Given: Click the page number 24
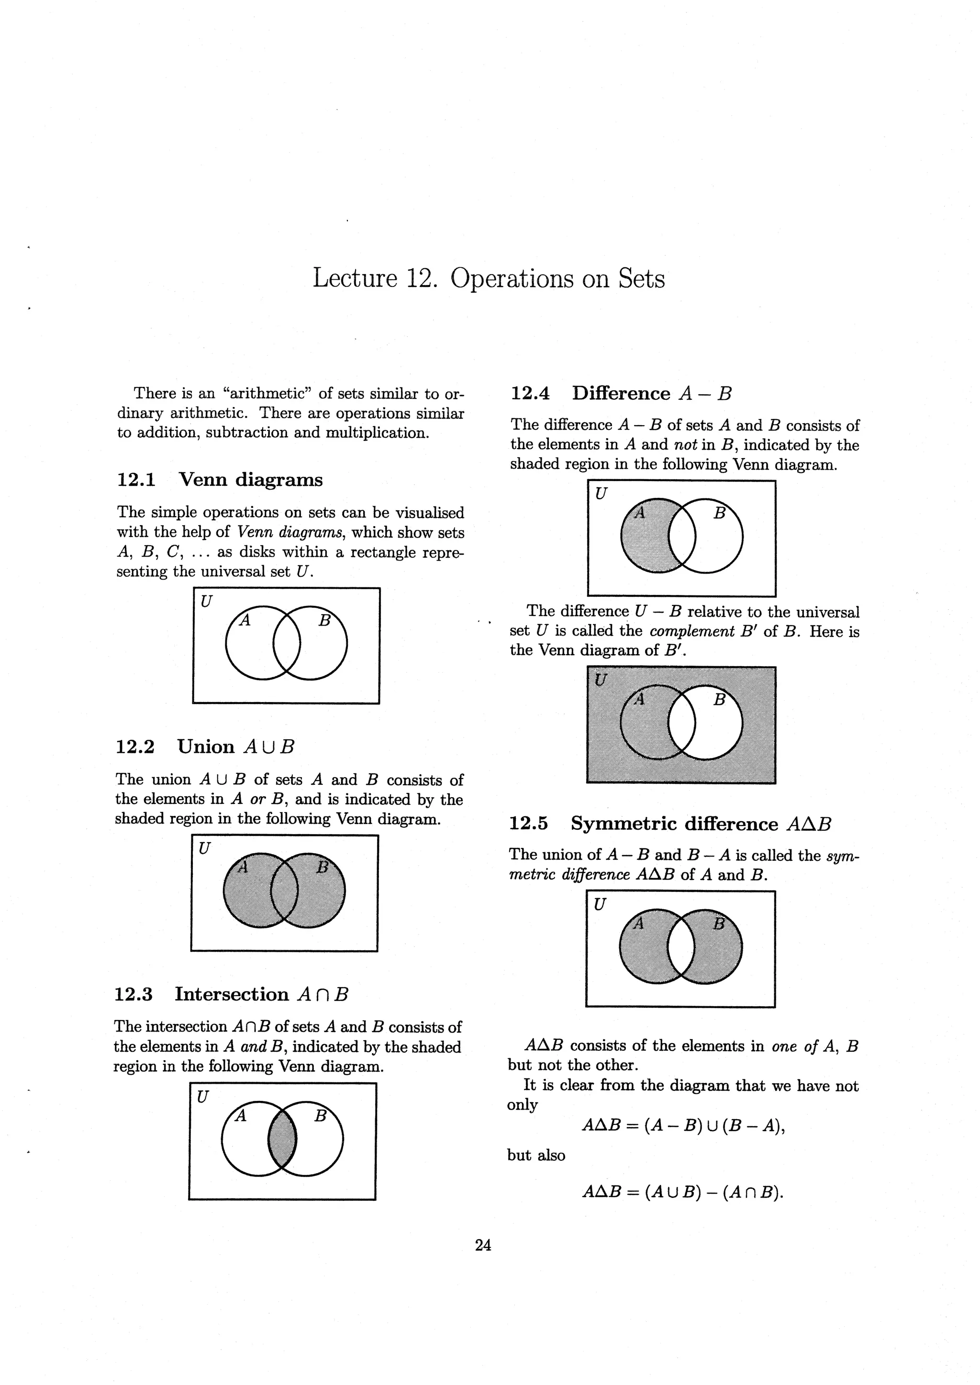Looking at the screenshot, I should tap(483, 1244).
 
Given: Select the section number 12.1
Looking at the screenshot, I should tap(136, 480).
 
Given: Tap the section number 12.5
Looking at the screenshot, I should tap(529, 824).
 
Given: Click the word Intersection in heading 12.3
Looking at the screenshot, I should tap(232, 994).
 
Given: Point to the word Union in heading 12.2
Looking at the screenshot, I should tap(206, 747).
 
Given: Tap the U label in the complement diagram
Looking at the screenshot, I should tap(601, 681).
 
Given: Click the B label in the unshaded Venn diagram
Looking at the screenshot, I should tap(324, 620).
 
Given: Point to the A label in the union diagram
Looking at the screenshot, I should tap(243, 868).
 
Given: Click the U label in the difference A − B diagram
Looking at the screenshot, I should tap(601, 494).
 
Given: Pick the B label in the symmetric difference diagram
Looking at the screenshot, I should tap(719, 923).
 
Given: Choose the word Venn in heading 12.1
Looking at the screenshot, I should tap(204, 480).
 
